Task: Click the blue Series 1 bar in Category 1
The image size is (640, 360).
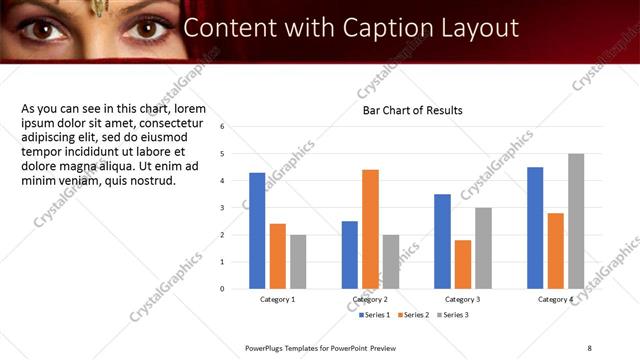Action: tap(257, 230)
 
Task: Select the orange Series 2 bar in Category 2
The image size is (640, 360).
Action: tap(370, 229)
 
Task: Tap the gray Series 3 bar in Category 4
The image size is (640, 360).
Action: tap(576, 221)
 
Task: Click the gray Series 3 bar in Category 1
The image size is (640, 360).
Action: tap(298, 261)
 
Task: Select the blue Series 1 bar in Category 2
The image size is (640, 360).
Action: tap(349, 254)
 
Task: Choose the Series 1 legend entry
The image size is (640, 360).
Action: tap(376, 315)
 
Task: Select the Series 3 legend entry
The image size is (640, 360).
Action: tap(452, 315)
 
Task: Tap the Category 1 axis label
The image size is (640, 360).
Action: tap(278, 299)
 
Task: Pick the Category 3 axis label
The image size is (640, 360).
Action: tap(462, 299)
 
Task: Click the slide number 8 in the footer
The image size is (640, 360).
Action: tap(589, 347)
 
